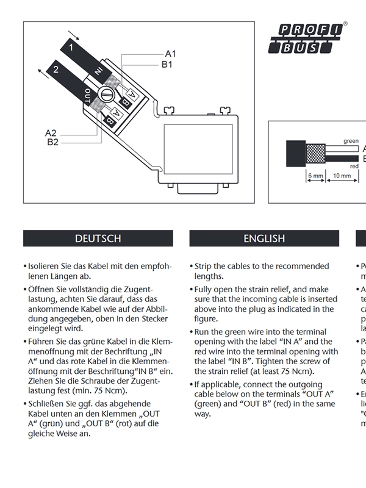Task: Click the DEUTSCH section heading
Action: (98, 239)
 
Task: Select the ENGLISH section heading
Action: (264, 239)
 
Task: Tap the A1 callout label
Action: (170, 54)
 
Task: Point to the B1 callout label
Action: (167, 63)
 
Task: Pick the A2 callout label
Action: (51, 133)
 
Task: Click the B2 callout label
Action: (53, 142)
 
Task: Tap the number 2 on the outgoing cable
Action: (56, 70)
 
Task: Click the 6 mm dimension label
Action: (315, 176)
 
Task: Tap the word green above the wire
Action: (351, 141)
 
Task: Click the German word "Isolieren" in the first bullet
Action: (47, 267)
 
